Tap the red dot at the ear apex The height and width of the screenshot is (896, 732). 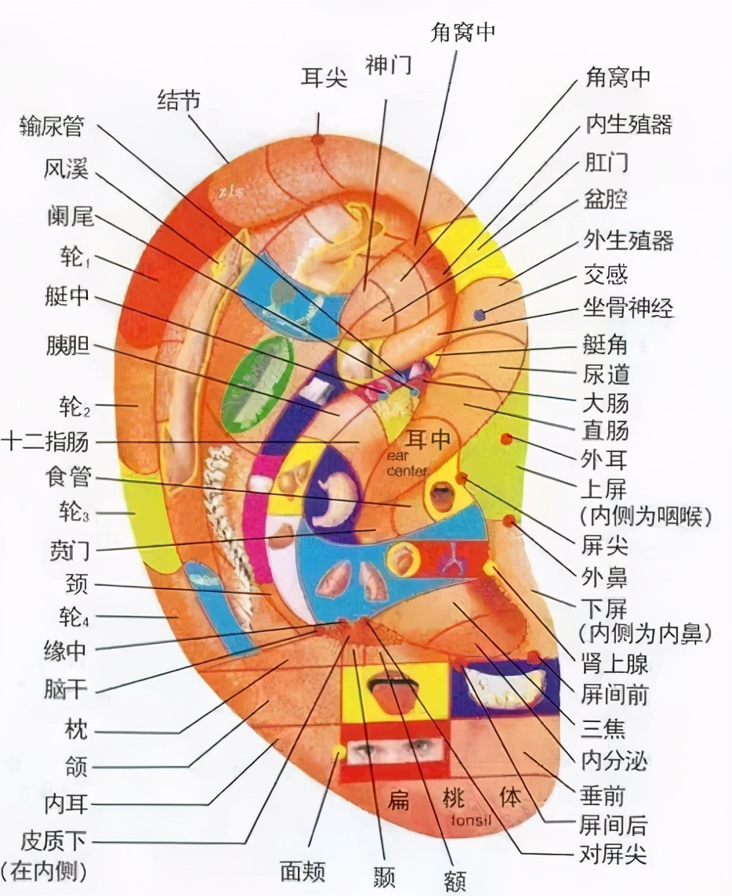click(317, 140)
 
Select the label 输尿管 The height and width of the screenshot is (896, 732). click(52, 126)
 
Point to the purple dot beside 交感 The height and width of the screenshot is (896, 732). click(480, 315)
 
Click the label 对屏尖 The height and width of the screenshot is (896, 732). click(612, 853)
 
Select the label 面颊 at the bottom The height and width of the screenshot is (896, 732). click(303, 871)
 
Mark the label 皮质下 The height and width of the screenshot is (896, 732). click(53, 843)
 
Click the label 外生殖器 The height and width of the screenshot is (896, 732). click(628, 240)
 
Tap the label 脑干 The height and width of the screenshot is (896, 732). click(67, 690)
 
